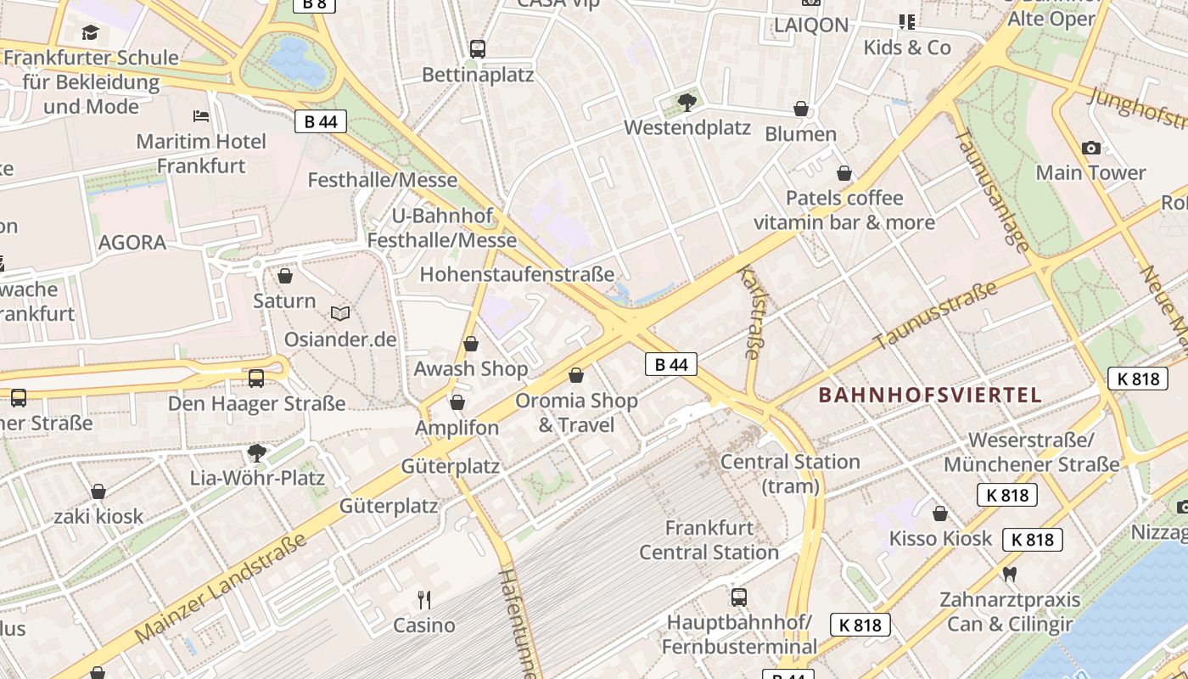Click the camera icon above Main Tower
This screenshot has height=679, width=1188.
click(1091, 149)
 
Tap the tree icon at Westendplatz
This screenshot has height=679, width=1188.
click(687, 103)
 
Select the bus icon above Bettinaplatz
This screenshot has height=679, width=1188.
click(478, 49)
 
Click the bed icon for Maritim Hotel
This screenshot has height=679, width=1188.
click(201, 115)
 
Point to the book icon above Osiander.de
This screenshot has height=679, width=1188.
click(340, 314)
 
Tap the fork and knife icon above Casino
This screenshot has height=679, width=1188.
click(424, 600)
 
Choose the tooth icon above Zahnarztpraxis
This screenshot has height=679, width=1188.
click(1010, 575)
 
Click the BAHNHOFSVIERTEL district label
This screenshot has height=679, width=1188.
click(930, 395)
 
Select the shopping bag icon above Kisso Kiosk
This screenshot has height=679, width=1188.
click(940, 513)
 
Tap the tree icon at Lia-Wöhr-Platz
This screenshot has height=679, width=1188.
click(257, 453)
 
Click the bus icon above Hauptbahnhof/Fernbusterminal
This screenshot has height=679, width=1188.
click(739, 597)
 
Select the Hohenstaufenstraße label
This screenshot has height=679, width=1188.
click(517, 274)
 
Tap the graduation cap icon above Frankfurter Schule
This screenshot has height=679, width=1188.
click(90, 33)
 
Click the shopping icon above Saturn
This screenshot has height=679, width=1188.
click(285, 277)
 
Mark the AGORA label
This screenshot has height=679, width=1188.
click(132, 243)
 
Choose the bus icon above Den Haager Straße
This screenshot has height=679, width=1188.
click(256, 379)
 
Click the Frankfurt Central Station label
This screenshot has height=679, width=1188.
click(709, 540)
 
